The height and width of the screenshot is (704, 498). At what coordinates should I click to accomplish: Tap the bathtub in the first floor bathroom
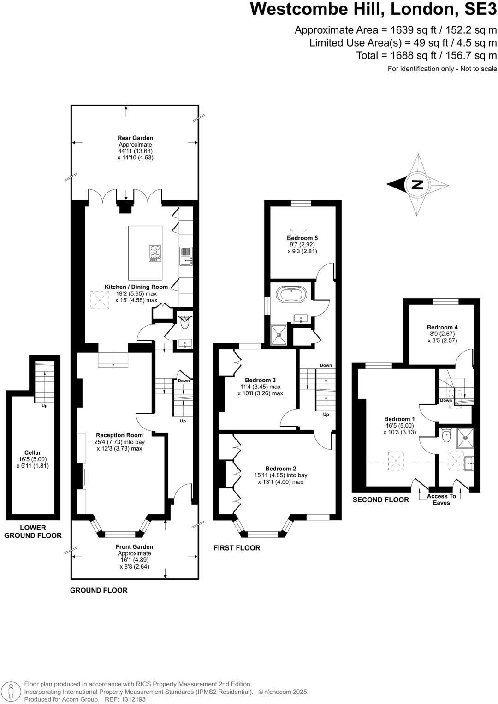[291, 295]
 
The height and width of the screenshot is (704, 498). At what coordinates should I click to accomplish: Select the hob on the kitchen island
[155, 253]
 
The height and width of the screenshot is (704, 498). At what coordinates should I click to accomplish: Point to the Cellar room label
[33, 452]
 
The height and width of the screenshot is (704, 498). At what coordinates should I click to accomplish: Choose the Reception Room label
[119, 435]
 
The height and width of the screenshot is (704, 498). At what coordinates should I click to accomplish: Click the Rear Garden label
[135, 138]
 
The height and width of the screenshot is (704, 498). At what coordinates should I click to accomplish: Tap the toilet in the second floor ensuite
[446, 435]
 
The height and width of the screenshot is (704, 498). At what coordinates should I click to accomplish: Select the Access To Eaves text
[441, 499]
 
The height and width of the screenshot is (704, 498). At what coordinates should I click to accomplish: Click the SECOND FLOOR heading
[381, 500]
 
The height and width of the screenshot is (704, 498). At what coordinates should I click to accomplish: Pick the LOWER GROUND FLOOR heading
[33, 532]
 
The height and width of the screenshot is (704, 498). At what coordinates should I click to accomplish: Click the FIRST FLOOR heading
[237, 548]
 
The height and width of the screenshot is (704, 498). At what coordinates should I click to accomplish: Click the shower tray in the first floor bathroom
[279, 334]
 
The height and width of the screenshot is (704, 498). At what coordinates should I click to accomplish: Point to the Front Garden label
[134, 547]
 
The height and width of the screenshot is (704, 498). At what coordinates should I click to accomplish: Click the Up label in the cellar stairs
[44, 406]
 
